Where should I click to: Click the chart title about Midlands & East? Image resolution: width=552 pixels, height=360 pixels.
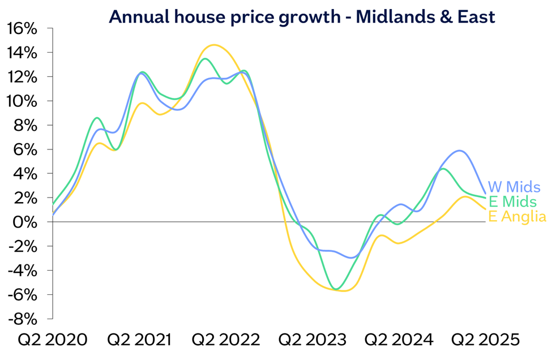pos(302,16)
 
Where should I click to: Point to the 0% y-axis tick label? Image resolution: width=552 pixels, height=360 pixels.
pos(25,222)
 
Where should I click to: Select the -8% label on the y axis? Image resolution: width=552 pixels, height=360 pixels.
pos(22,319)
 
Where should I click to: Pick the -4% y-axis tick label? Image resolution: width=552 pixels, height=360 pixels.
pos(22,271)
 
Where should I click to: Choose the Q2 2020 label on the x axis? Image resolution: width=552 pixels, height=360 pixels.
pos(53,340)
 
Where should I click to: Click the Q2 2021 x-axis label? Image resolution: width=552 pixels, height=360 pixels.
pos(139,340)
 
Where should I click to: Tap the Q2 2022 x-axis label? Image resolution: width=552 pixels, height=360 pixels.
pos(226,340)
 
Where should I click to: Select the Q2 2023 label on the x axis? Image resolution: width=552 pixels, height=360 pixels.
pos(313,340)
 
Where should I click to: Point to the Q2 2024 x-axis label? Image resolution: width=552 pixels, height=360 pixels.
pos(399,340)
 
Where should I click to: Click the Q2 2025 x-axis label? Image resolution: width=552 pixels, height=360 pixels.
pos(485,340)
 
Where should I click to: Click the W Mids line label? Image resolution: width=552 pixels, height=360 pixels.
pos(514,187)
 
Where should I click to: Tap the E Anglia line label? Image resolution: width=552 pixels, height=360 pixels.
pos(516,216)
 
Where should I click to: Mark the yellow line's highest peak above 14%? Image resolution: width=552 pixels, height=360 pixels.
pos(213,45)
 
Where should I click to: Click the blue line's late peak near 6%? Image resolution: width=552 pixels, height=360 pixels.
pos(459,151)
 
